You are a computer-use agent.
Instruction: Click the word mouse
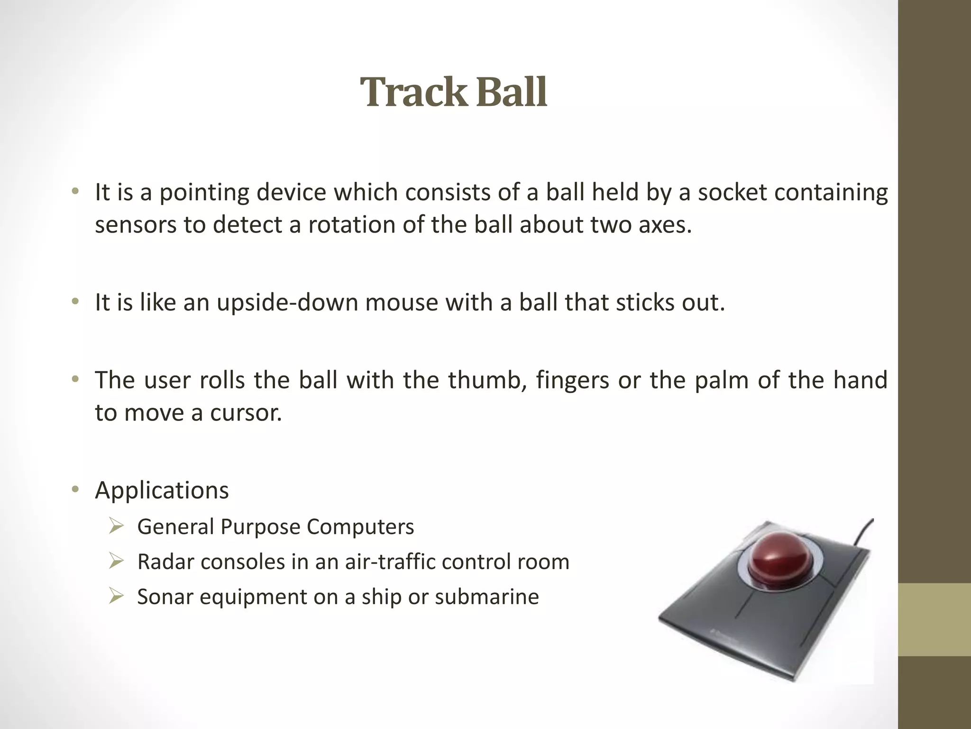[402, 302]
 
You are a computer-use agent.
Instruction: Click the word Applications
[162, 490]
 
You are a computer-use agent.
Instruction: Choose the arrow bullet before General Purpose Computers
[116, 526]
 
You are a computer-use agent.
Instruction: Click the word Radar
[165, 562]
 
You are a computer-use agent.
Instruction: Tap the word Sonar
[165, 597]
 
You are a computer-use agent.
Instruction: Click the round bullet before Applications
[75, 490]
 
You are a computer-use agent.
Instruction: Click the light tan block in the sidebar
[934, 620]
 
